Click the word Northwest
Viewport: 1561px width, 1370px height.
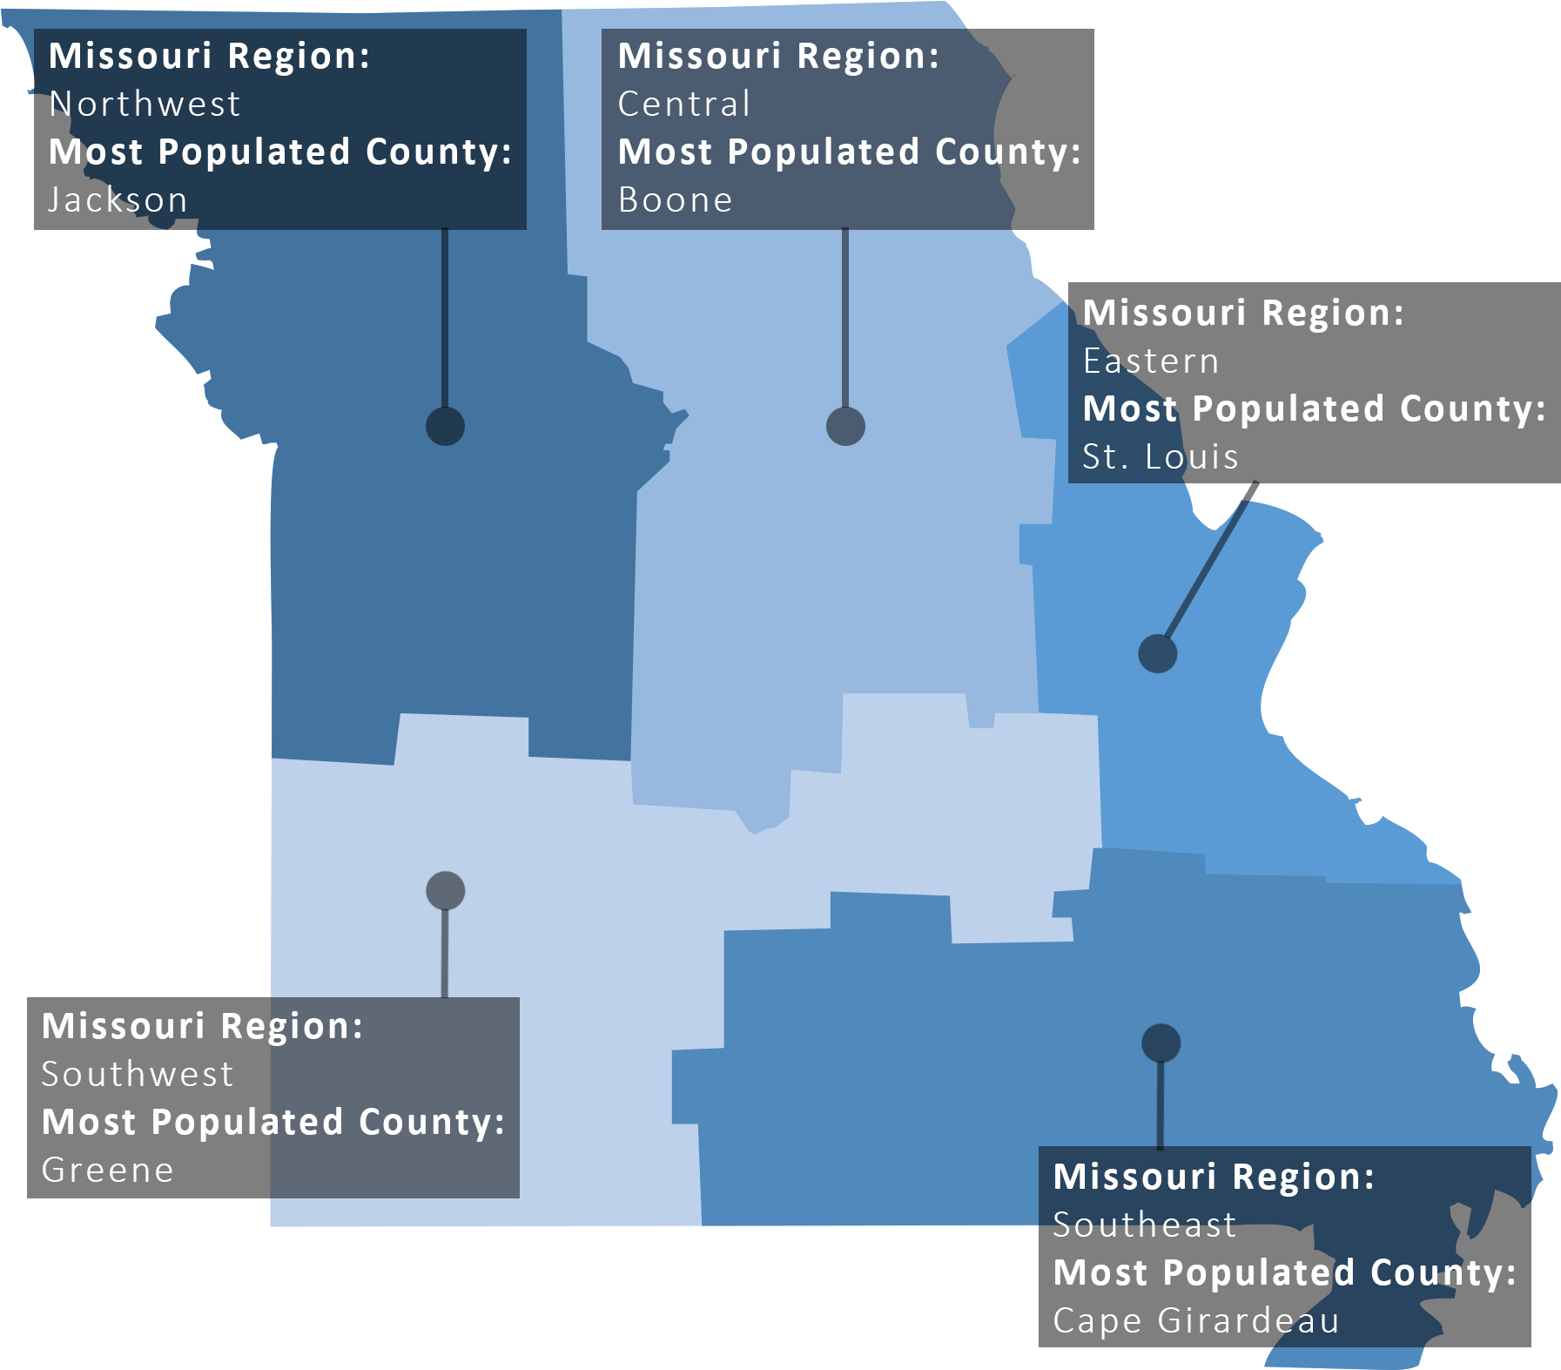click(145, 105)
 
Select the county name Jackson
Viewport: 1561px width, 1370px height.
click(118, 200)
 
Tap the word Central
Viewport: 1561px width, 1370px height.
click(684, 105)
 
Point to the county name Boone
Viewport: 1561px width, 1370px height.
click(676, 200)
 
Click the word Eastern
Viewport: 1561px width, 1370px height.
click(1151, 361)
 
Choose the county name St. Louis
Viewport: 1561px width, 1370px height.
click(1161, 457)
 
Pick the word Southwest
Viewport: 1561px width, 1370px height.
click(138, 1075)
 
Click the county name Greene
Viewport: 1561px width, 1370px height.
click(108, 1171)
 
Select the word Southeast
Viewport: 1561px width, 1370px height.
click(1145, 1225)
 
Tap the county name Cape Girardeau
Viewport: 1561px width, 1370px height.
click(1196, 1321)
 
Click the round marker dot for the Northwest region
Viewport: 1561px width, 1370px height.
click(445, 427)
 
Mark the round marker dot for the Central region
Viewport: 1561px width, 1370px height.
click(845, 427)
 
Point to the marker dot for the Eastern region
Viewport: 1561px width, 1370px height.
click(1158, 653)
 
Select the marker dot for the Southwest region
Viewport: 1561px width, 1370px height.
click(446, 891)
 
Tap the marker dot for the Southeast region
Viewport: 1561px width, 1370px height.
click(1161, 1043)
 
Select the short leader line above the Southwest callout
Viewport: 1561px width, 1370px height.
click(445, 954)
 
